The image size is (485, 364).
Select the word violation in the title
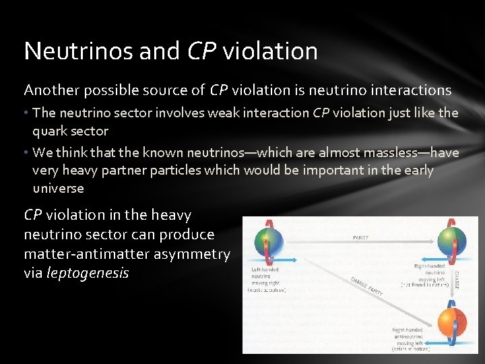(270, 51)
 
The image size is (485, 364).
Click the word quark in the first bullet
(52, 131)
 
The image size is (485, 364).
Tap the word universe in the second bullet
(59, 188)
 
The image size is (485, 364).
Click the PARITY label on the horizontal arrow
(361, 237)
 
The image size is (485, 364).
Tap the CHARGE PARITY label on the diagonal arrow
(368, 287)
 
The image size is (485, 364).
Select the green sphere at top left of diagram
(268, 241)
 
